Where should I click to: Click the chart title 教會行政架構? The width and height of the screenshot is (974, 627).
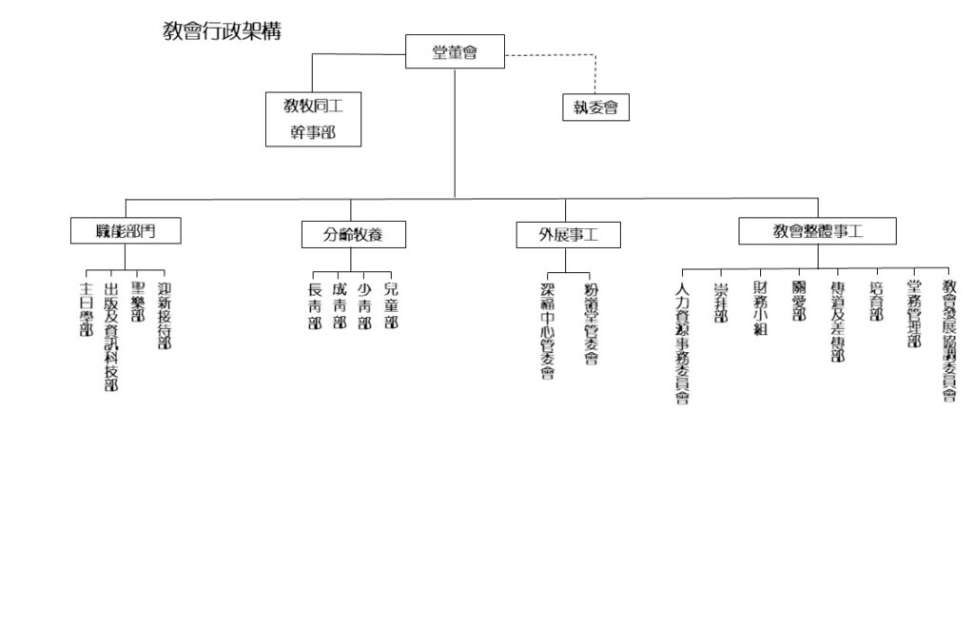pos(222,30)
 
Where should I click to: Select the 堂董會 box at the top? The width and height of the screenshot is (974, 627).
pos(455,52)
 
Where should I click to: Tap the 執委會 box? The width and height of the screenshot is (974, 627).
pos(595,108)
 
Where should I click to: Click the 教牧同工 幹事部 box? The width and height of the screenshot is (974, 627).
pos(313,119)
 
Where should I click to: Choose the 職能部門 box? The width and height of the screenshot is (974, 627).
pos(126,231)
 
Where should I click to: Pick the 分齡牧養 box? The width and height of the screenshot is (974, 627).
pos(353,234)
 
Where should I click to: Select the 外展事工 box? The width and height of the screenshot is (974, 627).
pos(568,234)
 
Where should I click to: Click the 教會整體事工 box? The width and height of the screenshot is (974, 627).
pos(817,231)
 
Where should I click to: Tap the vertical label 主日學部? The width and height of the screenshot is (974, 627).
pos(87,308)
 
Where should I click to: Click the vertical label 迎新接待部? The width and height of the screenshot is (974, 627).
pos(164,315)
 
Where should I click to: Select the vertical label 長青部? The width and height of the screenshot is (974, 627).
pos(315,305)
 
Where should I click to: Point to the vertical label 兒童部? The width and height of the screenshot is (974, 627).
pos(390,304)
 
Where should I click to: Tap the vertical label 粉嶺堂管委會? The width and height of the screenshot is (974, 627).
pos(591,323)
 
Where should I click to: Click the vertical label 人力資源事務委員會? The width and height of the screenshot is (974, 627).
pos(681,343)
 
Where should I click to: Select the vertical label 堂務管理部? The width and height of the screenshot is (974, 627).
pos(914,314)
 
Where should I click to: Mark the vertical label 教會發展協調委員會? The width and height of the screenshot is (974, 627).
pos(948,340)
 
